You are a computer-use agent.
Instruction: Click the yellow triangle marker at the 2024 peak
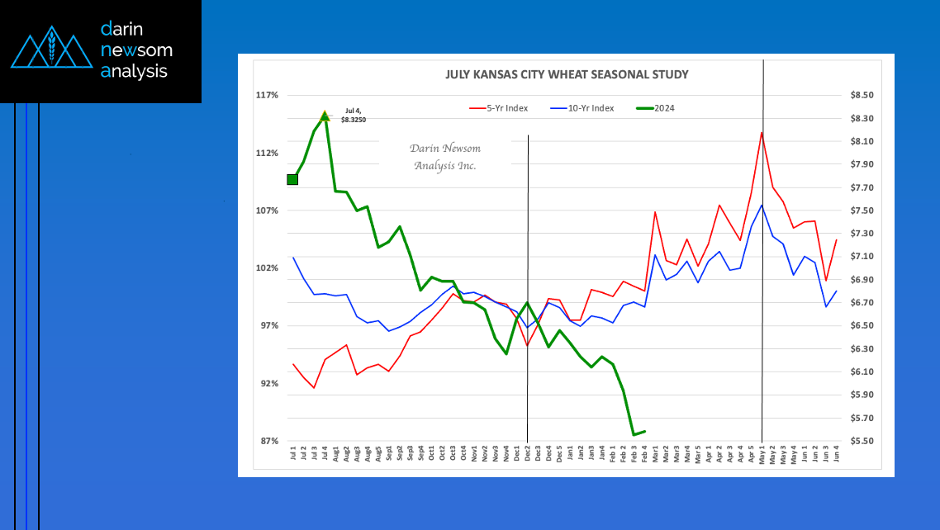(x=325, y=116)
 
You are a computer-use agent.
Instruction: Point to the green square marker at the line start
(x=292, y=179)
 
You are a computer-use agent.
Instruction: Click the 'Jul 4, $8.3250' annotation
(x=354, y=116)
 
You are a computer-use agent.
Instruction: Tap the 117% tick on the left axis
(x=266, y=95)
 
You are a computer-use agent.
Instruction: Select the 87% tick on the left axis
(x=268, y=441)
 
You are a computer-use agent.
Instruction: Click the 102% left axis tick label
(x=266, y=268)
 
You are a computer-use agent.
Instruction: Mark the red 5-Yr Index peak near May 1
(x=762, y=132)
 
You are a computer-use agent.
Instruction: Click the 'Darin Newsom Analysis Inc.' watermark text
(x=445, y=157)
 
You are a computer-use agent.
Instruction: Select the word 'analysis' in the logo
(x=134, y=72)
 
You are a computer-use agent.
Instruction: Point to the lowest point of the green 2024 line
(x=634, y=434)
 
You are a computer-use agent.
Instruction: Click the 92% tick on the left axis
(x=268, y=384)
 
